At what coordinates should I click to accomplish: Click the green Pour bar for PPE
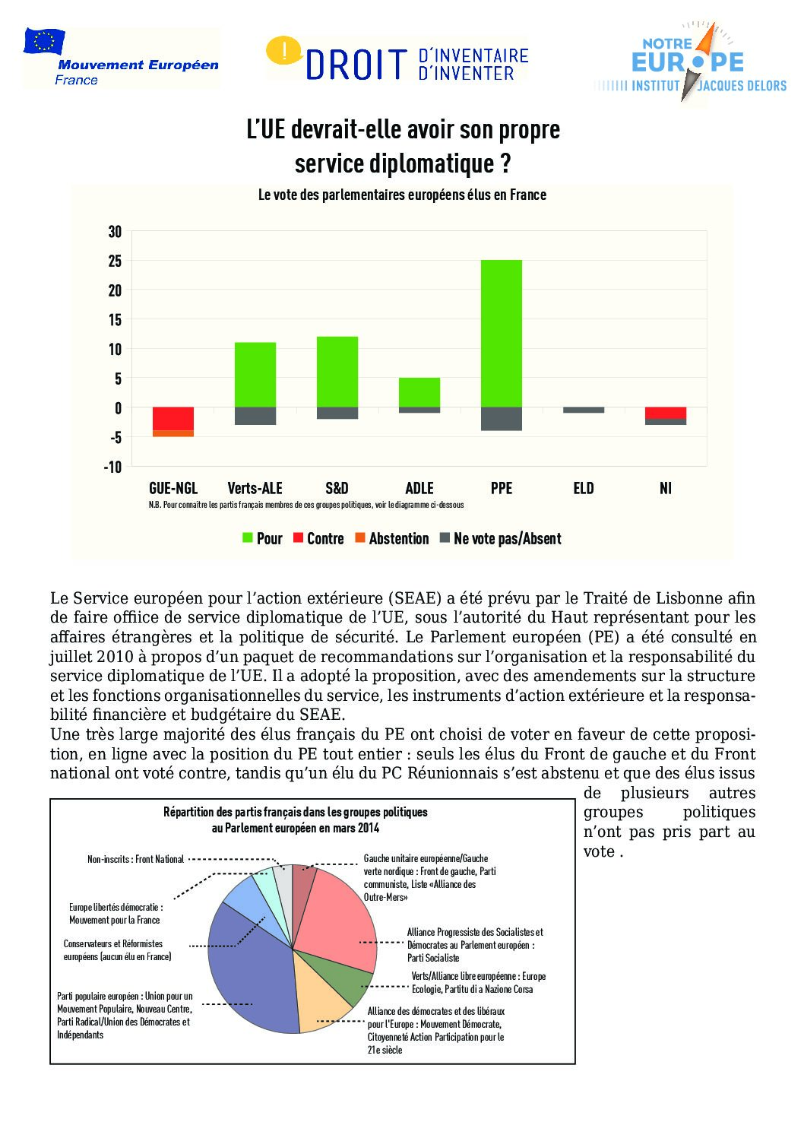point(502,334)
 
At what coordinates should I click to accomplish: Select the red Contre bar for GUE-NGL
point(173,419)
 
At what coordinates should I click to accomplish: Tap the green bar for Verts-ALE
point(255,375)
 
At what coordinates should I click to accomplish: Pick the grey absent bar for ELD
point(584,411)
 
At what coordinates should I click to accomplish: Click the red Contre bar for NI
point(666,413)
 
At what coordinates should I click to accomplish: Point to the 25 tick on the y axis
point(115,261)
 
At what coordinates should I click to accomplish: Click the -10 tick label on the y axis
point(112,467)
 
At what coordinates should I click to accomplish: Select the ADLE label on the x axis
point(419,488)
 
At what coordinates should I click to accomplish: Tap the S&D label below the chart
point(337,488)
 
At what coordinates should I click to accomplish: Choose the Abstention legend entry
point(392,538)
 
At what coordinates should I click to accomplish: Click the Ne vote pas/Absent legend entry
point(501,538)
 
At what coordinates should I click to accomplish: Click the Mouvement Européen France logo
point(122,59)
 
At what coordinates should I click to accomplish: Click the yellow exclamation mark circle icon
point(284,52)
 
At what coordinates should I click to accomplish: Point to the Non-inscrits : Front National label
point(135,859)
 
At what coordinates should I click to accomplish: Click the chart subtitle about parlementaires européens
point(402,195)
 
